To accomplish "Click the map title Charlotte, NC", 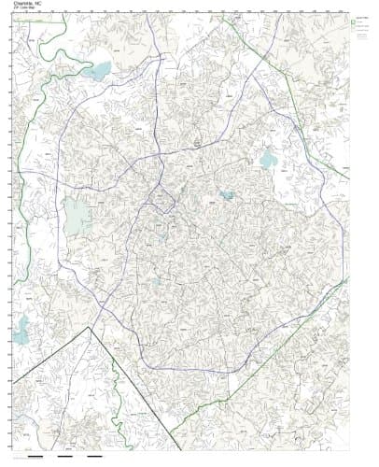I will pyautogui.click(x=28, y=4).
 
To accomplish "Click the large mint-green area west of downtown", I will pyautogui.click(x=77, y=217).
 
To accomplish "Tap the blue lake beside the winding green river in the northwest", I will pyautogui.click(x=97, y=70).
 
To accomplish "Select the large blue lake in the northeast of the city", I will pyautogui.click(x=269, y=160).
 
